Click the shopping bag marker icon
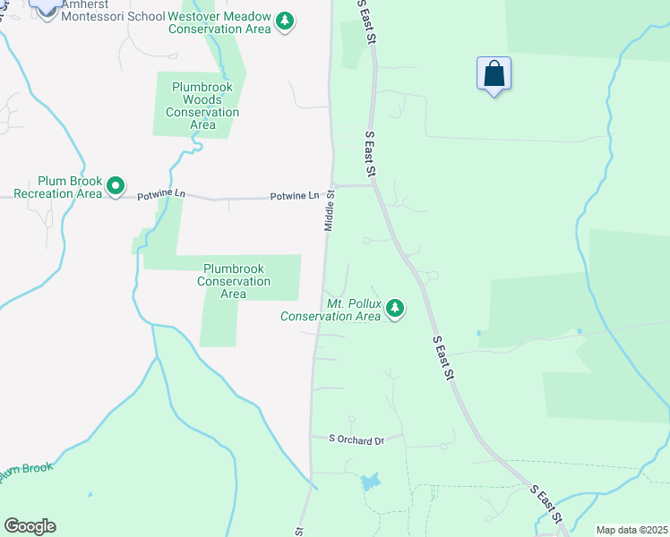494,73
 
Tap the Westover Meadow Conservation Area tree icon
285,21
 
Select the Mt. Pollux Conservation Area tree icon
394,310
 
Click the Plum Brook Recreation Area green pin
116,186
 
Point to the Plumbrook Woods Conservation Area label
202,106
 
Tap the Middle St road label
330,210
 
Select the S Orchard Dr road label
356,439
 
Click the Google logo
30,526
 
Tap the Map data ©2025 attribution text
631,530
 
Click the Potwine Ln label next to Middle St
295,195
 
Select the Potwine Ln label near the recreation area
161,193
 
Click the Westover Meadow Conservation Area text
219,22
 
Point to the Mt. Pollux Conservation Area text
331,310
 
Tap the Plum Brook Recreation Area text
57,186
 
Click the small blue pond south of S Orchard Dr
370,482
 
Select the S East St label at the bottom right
545,505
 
